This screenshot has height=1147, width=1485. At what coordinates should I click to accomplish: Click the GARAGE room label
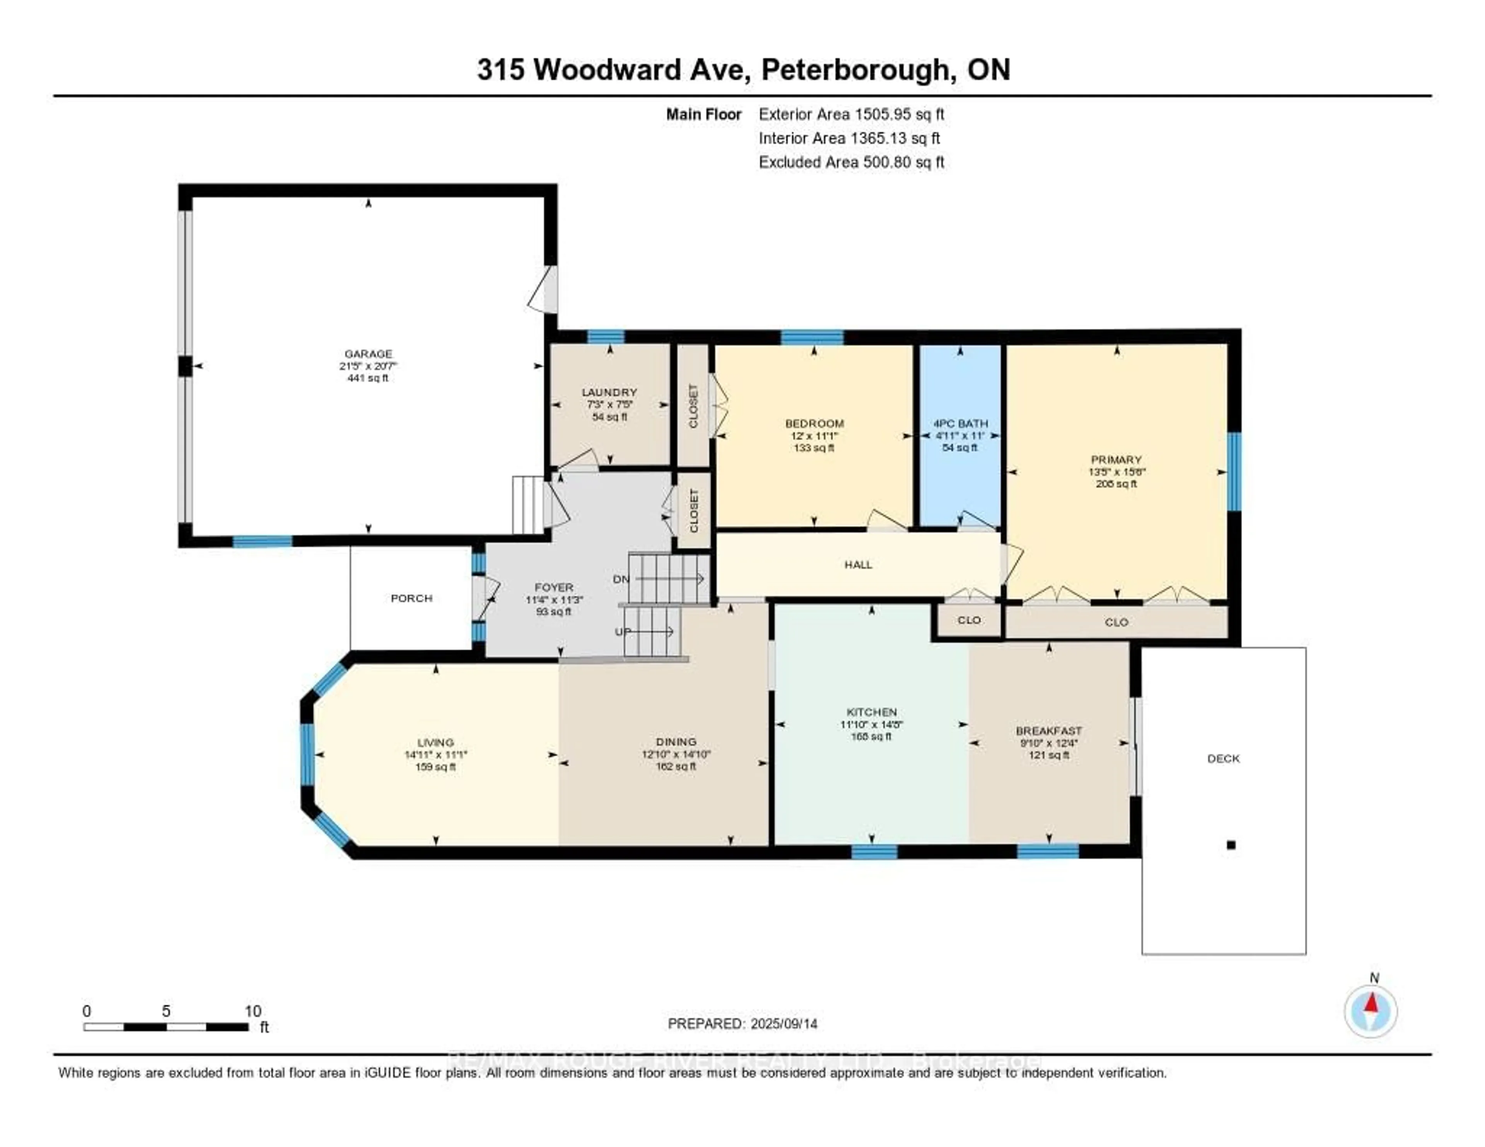click(368, 353)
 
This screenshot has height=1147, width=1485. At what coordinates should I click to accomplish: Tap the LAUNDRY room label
click(609, 392)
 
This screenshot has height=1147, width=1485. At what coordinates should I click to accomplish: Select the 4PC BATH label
click(960, 423)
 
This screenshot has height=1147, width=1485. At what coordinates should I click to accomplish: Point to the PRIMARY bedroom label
click(1116, 460)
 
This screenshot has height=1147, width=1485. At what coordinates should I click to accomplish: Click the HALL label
click(858, 564)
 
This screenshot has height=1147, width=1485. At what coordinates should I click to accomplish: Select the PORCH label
click(411, 598)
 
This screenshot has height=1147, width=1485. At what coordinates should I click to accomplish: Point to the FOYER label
click(553, 587)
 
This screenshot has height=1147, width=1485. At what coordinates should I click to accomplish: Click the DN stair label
click(621, 579)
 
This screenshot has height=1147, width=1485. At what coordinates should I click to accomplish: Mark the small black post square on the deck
click(1231, 845)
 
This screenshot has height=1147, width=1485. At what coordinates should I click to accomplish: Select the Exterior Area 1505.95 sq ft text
click(851, 114)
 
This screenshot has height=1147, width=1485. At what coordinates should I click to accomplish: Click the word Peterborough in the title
click(854, 70)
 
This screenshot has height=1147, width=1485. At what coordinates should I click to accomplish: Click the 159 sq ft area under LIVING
click(435, 767)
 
